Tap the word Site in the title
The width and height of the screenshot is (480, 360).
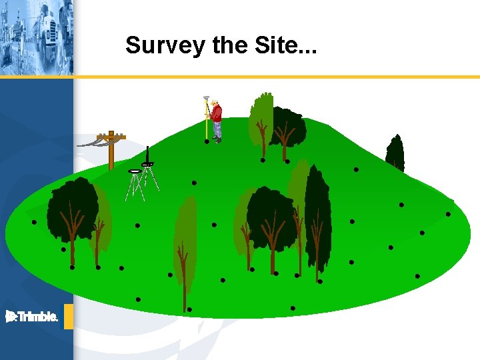click(283, 45)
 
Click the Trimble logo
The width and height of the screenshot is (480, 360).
click(31, 317)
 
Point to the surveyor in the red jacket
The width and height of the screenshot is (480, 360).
click(215, 120)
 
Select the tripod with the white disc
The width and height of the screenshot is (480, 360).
click(135, 184)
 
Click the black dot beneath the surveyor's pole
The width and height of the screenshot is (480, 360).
click(207, 141)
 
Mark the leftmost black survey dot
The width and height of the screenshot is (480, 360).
click(33, 222)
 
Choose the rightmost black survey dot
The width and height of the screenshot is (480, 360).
click(448, 214)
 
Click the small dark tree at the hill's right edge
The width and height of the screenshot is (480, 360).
click(395, 153)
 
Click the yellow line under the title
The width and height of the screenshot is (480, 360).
click(267, 77)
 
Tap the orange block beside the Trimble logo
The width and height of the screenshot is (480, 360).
click(68, 317)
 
